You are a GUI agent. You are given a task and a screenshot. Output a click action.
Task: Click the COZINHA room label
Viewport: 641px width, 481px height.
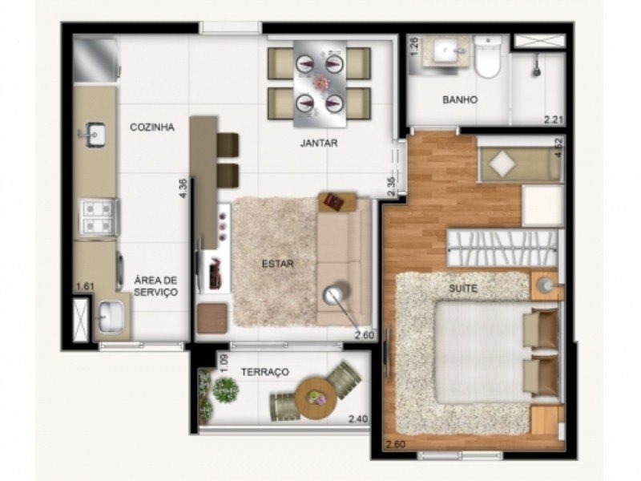[152, 127]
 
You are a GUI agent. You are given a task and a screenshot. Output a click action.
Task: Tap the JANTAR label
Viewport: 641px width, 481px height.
[319, 143]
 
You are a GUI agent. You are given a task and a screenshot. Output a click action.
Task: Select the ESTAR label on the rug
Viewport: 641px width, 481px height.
[278, 264]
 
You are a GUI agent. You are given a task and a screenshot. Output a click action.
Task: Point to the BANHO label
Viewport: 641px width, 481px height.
[460, 99]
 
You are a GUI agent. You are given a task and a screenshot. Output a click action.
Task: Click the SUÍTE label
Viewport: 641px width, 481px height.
[463, 289]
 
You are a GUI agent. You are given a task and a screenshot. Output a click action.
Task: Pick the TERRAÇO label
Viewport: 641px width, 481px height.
[265, 372]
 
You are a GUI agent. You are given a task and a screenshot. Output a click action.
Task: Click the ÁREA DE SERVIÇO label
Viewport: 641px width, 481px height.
[156, 286]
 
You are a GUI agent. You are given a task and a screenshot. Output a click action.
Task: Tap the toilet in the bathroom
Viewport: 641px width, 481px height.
[487, 56]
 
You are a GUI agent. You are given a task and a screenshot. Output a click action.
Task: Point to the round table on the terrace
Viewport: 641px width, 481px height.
[316, 398]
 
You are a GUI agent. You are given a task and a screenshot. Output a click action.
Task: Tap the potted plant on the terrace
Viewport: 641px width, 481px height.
[225, 389]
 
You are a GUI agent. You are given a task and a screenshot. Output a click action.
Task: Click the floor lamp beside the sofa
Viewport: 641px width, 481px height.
[336, 294]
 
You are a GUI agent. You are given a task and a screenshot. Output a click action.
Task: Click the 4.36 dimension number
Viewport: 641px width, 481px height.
[183, 188]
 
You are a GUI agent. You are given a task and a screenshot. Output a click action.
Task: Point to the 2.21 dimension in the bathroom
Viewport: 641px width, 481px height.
[554, 119]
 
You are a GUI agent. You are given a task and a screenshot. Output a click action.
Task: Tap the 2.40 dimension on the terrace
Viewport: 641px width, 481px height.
[358, 418]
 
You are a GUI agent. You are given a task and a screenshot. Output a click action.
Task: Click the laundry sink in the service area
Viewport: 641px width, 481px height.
[111, 317]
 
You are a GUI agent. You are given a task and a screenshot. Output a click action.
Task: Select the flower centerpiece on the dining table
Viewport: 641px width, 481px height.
[320, 82]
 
